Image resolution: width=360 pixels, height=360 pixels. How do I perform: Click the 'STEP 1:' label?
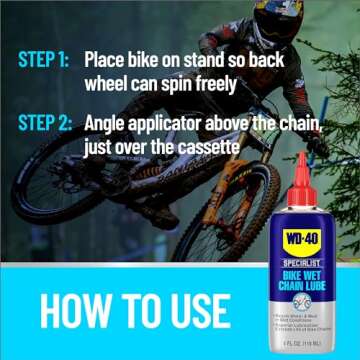coord(43,59)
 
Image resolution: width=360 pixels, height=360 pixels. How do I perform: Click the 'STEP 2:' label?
coord(43,125)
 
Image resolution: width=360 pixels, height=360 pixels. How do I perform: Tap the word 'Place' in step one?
coord(109,59)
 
